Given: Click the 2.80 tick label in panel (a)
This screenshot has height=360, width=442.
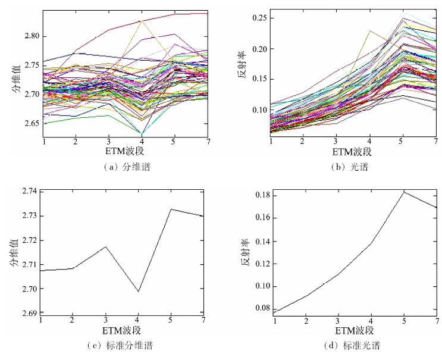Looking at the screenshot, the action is (x=32, y=36).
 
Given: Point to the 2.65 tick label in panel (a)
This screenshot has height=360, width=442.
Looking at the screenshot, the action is (x=32, y=124).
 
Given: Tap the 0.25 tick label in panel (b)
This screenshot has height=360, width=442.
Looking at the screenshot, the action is (x=259, y=18).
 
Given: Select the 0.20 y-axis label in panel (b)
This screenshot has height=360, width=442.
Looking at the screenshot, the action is (x=259, y=49).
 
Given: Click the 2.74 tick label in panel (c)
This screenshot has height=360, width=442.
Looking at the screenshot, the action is (x=30, y=191).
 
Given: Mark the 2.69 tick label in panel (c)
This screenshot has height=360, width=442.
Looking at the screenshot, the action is (x=30, y=313).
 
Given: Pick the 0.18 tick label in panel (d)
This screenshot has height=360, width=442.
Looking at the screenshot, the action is (x=263, y=195).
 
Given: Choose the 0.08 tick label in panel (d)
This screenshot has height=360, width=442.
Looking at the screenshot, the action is (x=263, y=308).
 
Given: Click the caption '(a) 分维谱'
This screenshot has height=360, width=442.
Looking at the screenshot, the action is (x=127, y=167).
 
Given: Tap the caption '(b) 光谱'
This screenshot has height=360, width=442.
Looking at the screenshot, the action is (x=350, y=167).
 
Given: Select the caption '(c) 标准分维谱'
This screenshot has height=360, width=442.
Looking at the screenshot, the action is (x=120, y=345).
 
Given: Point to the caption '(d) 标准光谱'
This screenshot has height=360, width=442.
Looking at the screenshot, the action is (x=352, y=345).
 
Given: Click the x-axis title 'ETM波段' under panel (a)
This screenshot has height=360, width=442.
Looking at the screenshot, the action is (x=124, y=151).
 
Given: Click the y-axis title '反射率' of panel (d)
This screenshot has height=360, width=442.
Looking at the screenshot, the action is (x=244, y=253).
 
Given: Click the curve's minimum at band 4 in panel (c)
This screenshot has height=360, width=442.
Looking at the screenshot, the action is (x=138, y=292).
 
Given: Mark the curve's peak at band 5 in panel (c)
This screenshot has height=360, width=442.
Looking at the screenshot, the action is (x=171, y=209).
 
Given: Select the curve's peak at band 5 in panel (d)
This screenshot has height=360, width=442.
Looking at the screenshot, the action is (x=404, y=192).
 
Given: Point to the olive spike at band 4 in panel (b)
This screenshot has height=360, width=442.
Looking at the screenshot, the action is (x=370, y=31).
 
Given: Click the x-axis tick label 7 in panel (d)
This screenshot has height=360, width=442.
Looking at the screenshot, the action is (x=437, y=321).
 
